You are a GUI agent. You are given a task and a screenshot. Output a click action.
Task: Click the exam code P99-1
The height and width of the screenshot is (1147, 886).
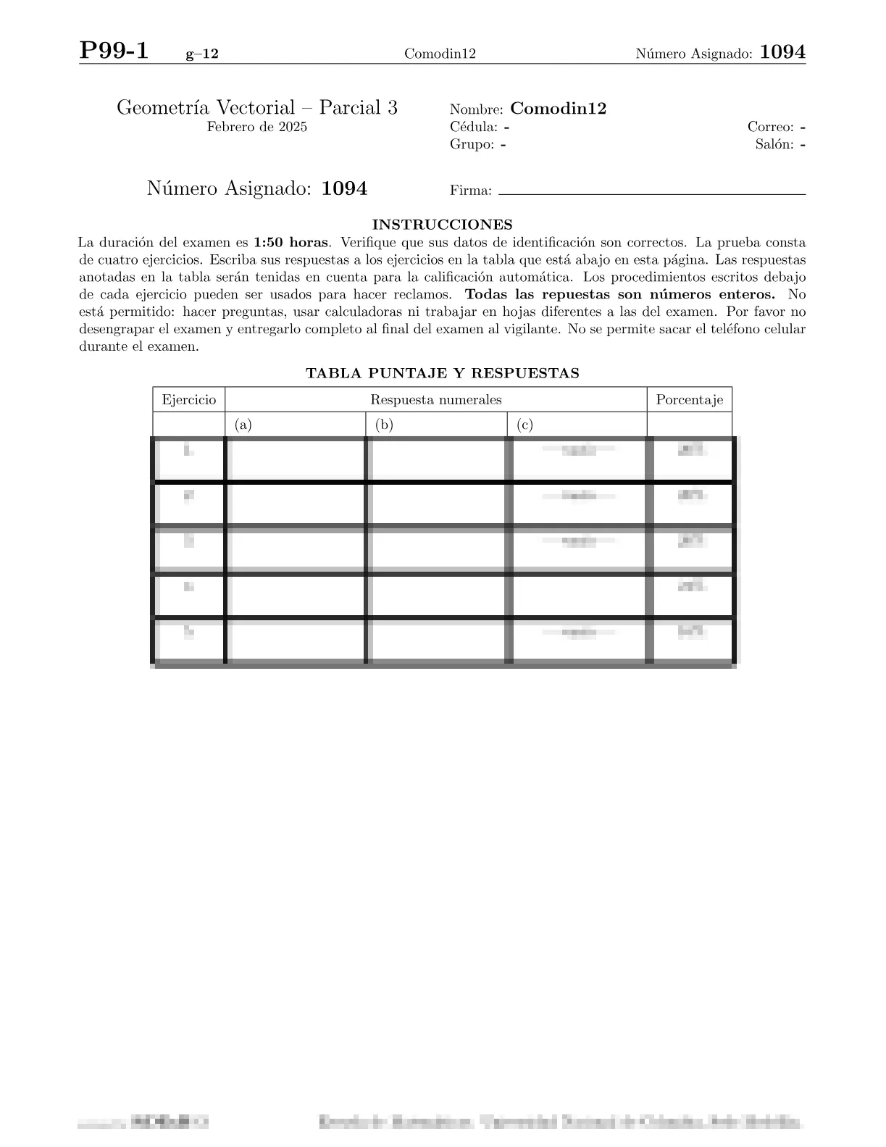114,51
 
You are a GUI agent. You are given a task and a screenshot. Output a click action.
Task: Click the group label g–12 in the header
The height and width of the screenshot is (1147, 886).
202,54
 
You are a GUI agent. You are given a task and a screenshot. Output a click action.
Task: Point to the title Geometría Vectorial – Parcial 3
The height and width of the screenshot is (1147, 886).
257,108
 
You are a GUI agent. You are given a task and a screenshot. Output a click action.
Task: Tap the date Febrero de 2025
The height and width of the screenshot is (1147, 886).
257,128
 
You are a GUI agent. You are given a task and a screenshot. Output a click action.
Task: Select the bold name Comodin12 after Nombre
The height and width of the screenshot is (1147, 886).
558,109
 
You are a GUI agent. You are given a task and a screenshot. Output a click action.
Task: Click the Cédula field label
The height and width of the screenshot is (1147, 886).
473,128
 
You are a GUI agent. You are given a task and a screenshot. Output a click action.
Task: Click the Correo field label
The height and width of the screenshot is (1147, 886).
771,128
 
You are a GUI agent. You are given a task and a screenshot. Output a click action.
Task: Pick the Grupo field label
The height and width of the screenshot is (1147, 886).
472,144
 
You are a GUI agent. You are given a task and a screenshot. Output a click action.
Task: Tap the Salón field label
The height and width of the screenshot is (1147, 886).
774,144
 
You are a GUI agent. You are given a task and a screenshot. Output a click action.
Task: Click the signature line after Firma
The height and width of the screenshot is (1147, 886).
652,194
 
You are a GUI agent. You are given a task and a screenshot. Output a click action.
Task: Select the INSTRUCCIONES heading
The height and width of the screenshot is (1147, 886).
442,225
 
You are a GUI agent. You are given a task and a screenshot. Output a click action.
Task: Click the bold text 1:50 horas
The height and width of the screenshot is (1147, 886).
291,243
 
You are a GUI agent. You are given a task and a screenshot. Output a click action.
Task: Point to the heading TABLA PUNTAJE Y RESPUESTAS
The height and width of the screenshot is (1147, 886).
442,373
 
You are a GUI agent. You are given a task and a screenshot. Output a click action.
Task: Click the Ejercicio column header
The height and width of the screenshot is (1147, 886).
188,400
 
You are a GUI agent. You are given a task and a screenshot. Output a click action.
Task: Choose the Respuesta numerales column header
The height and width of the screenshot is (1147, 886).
435,400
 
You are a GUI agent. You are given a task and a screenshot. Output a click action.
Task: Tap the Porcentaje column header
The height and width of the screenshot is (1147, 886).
689,400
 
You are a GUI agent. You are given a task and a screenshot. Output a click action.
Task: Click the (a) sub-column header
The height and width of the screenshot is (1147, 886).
243,425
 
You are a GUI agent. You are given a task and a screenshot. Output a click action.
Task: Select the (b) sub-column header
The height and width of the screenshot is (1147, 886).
384,425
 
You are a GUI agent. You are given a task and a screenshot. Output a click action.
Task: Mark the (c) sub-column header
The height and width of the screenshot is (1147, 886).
525,425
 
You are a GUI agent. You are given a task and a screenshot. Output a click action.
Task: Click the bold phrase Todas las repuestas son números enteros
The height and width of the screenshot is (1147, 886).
620,295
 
